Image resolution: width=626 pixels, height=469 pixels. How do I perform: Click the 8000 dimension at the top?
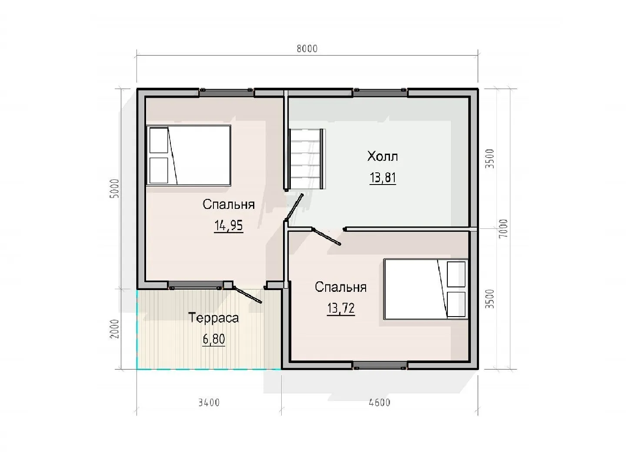click(x=307, y=49)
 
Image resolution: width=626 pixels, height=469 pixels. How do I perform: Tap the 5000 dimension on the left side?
click(x=115, y=188)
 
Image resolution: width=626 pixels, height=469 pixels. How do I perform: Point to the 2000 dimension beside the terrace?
click(x=115, y=329)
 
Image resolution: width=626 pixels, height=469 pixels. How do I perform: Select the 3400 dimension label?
click(x=209, y=403)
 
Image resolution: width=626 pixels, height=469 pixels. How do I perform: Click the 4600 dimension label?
click(x=380, y=403)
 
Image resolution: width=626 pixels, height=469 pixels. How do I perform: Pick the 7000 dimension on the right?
click(x=504, y=229)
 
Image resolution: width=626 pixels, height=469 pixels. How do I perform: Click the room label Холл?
click(x=383, y=156)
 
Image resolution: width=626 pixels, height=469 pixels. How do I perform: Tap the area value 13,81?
click(x=383, y=178)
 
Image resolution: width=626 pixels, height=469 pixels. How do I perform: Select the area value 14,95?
click(x=228, y=226)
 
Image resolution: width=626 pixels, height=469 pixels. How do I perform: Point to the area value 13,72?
click(x=341, y=308)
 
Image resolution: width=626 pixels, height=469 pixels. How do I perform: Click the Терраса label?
click(x=213, y=318)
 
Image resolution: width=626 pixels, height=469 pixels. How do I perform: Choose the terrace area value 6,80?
click(x=214, y=339)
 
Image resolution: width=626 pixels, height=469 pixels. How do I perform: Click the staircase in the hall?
click(x=307, y=159)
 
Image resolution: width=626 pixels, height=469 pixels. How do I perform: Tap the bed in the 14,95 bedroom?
click(x=188, y=155)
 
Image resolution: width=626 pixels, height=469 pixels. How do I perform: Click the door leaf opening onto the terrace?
click(x=247, y=295)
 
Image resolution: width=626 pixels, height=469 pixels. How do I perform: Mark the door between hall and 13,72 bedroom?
click(x=326, y=236)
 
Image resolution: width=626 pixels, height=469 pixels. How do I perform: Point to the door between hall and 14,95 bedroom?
click(x=294, y=207)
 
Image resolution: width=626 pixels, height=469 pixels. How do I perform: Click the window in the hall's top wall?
click(x=380, y=92)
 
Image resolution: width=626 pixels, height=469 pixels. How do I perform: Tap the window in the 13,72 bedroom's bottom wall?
click(x=380, y=365)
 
